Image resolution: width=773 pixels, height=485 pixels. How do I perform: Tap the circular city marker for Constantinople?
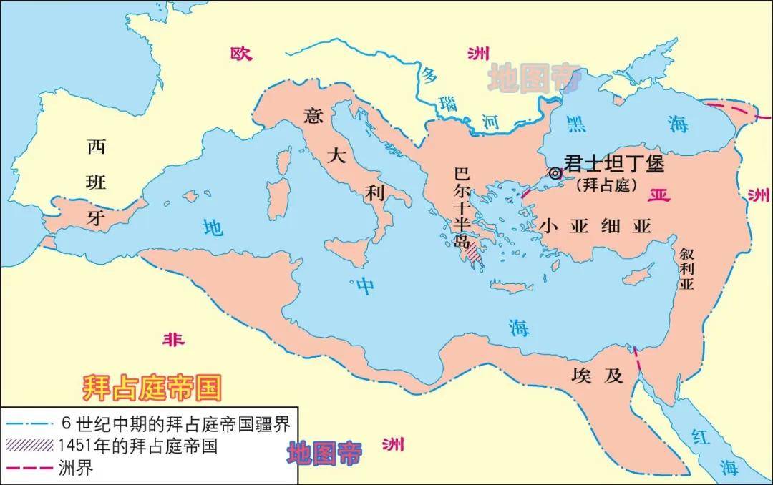point(555,172)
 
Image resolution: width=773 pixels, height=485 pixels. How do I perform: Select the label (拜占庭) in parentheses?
point(606,185)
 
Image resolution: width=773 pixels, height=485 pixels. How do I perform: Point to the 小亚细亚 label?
point(595,226)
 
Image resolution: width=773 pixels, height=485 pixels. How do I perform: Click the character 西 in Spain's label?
point(96,147)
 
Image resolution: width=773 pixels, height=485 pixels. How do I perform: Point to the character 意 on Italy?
point(313,116)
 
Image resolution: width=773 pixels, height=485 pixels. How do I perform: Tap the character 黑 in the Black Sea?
point(575,122)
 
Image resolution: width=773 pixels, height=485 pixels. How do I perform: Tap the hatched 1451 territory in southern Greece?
point(475,253)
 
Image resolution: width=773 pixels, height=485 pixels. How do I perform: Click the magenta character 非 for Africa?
point(172,340)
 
